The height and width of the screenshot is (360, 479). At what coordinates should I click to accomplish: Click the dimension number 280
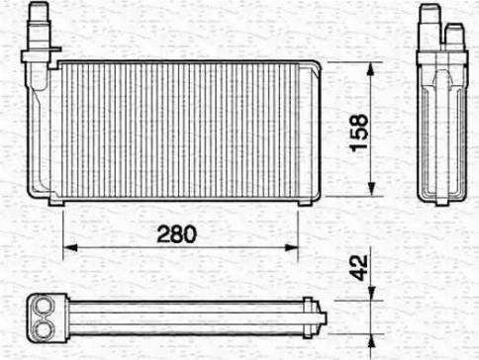tap(179, 234)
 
